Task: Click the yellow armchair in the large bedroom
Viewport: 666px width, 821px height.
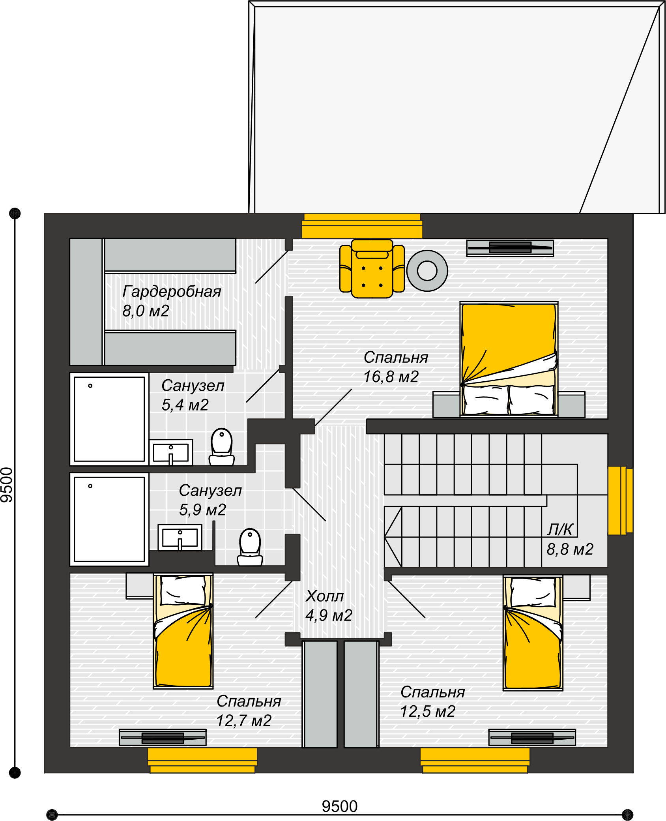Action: (372, 269)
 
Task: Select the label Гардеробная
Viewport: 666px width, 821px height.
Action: (172, 292)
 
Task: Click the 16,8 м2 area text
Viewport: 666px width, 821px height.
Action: (391, 377)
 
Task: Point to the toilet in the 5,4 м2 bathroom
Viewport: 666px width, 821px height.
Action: (222, 447)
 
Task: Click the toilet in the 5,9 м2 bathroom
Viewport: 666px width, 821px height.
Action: (250, 547)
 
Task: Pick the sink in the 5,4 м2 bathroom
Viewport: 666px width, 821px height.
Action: (171, 452)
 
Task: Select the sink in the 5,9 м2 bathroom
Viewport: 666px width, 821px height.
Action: (180, 537)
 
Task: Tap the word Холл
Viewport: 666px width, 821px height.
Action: (324, 596)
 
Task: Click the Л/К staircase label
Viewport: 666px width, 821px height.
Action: (560, 530)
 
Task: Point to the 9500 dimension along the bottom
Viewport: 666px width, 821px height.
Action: (340, 806)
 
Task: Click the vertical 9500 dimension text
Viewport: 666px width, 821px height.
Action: (7, 485)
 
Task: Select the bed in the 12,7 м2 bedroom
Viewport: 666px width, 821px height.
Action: (183, 632)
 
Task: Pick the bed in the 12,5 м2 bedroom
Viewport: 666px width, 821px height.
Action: (533, 633)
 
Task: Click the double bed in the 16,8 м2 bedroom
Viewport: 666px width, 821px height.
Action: (509, 359)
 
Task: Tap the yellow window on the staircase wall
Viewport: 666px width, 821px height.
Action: (620, 500)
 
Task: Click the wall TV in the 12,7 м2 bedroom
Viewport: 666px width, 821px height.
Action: (163, 737)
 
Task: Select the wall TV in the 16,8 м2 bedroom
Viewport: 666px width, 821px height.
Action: (510, 248)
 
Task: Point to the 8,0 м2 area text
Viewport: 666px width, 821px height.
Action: (146, 311)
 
